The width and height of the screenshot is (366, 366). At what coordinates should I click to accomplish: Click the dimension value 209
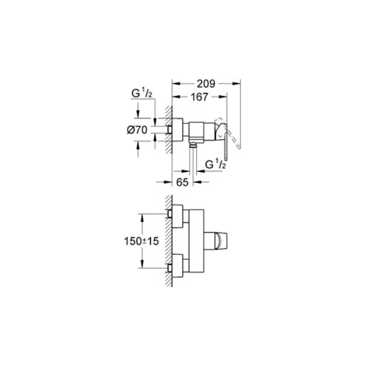click(x=205, y=84)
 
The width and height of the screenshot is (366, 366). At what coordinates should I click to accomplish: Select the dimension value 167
click(x=199, y=97)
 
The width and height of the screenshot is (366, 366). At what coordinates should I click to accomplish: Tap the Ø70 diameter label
click(x=137, y=130)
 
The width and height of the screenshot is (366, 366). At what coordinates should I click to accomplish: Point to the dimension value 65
click(x=182, y=182)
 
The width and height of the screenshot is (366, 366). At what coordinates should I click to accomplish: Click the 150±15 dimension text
click(x=141, y=241)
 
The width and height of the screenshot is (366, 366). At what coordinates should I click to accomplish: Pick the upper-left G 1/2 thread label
click(x=142, y=94)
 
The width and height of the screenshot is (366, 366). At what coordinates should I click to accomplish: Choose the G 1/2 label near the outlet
click(x=215, y=165)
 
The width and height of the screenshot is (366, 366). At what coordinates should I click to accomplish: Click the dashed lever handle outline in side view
click(x=228, y=133)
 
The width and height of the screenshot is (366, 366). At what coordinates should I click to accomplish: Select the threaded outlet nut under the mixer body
click(x=193, y=145)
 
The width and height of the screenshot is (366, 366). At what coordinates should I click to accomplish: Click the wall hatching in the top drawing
click(x=168, y=129)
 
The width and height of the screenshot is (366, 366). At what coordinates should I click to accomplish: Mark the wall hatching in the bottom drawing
click(x=168, y=241)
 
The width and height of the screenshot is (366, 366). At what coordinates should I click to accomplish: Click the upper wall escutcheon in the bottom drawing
click(x=178, y=216)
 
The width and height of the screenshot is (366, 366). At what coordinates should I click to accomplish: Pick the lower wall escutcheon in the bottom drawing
click(x=178, y=266)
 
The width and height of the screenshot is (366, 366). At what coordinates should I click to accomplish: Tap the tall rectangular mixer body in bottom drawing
click(x=196, y=241)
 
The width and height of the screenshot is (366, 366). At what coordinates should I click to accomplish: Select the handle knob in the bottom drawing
click(x=215, y=241)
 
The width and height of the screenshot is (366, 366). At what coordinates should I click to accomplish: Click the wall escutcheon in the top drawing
click(x=178, y=129)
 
